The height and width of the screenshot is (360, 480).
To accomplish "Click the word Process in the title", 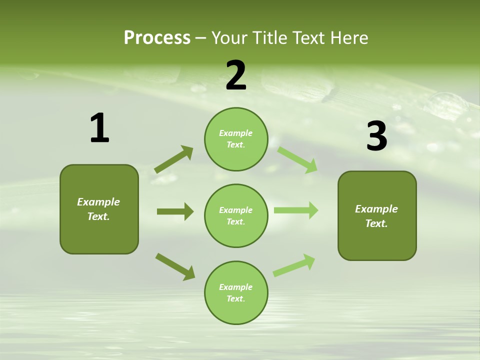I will tap(157, 38).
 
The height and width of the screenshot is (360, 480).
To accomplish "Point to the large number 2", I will tap(236, 75).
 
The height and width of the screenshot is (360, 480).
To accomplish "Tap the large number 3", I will tap(377, 136).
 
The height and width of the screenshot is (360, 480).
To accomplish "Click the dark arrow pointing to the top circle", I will tap(174, 159).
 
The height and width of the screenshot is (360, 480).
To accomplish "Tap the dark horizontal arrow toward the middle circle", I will tap(175, 211).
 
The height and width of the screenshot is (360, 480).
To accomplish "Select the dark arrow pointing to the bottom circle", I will tap(175, 266).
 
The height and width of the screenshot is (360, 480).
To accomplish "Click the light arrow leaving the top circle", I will tap(297, 159).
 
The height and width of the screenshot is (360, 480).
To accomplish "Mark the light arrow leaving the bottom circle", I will tap(294, 264).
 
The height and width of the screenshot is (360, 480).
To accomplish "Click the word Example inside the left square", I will tap(98, 202).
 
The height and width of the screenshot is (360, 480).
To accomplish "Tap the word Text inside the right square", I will tap(376, 223).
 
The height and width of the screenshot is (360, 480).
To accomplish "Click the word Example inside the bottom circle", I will tap(236, 287).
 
